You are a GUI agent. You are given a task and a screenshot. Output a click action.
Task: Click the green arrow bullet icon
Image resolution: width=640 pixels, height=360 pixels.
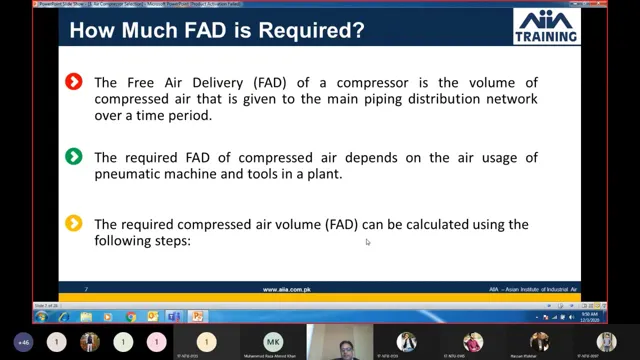73,156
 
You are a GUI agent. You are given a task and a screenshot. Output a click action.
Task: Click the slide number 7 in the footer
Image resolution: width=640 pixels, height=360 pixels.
87,290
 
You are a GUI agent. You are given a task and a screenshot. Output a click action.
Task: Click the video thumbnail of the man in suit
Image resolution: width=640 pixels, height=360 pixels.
338,341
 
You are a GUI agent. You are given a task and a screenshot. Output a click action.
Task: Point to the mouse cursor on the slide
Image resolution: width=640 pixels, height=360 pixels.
367,241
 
